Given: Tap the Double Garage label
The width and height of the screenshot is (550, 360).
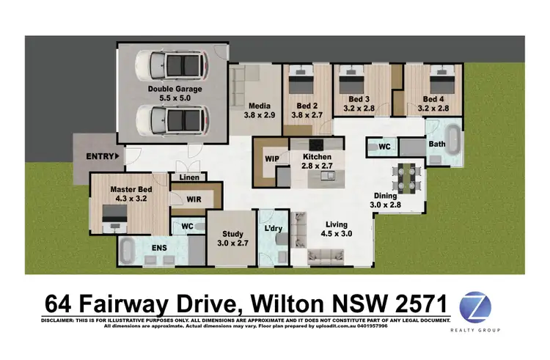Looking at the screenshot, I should pyautogui.click(x=175, y=89).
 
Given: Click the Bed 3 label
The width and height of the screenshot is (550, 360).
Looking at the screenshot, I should pyautogui.click(x=359, y=99).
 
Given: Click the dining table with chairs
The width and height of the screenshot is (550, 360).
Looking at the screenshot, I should pyautogui.click(x=404, y=176).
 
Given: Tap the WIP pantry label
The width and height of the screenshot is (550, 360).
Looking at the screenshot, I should pyautogui.click(x=268, y=157).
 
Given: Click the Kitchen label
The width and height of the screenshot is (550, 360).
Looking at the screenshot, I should pyautogui.click(x=318, y=157).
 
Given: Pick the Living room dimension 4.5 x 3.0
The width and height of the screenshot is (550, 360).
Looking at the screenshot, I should pyautogui.click(x=337, y=234).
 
